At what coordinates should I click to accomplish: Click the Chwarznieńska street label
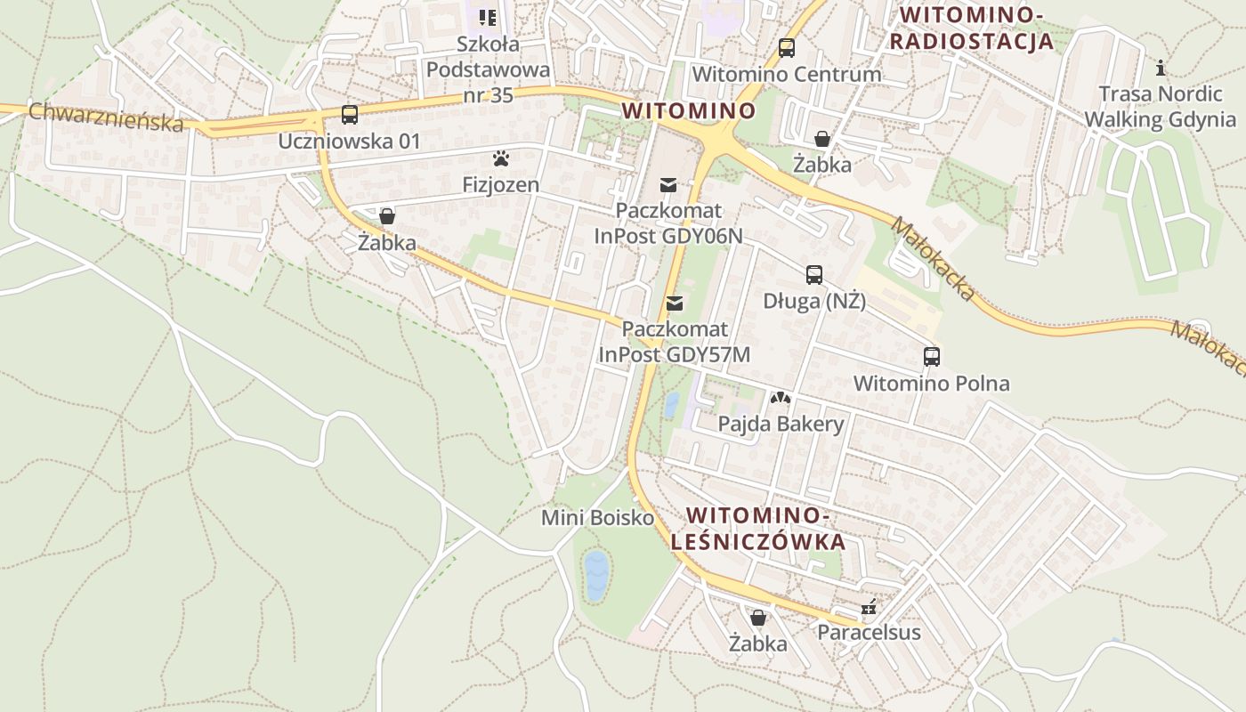tap(105, 117)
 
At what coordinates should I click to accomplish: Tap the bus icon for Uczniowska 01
tap(349, 115)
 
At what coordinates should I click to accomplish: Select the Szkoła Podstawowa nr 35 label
tap(488, 69)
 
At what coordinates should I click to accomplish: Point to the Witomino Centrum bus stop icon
tap(786, 48)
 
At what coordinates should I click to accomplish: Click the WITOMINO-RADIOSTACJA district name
tap(971, 28)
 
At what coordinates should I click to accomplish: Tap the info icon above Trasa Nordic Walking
tap(1160, 68)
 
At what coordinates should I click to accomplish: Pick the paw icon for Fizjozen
tap(501, 159)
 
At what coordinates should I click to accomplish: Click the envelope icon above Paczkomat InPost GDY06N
tap(667, 185)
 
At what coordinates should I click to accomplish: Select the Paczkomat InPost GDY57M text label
tap(674, 342)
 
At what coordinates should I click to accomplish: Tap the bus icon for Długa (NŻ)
tap(814, 275)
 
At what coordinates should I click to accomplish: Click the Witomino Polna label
tap(931, 384)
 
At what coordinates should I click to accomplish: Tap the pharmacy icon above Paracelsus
tap(869, 608)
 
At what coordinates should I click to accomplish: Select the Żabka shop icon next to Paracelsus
tap(757, 618)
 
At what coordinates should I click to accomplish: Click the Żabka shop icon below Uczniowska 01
tap(386, 216)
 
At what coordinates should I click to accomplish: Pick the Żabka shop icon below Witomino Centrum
tap(822, 139)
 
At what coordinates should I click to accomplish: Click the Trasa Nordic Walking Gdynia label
tap(1160, 107)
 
